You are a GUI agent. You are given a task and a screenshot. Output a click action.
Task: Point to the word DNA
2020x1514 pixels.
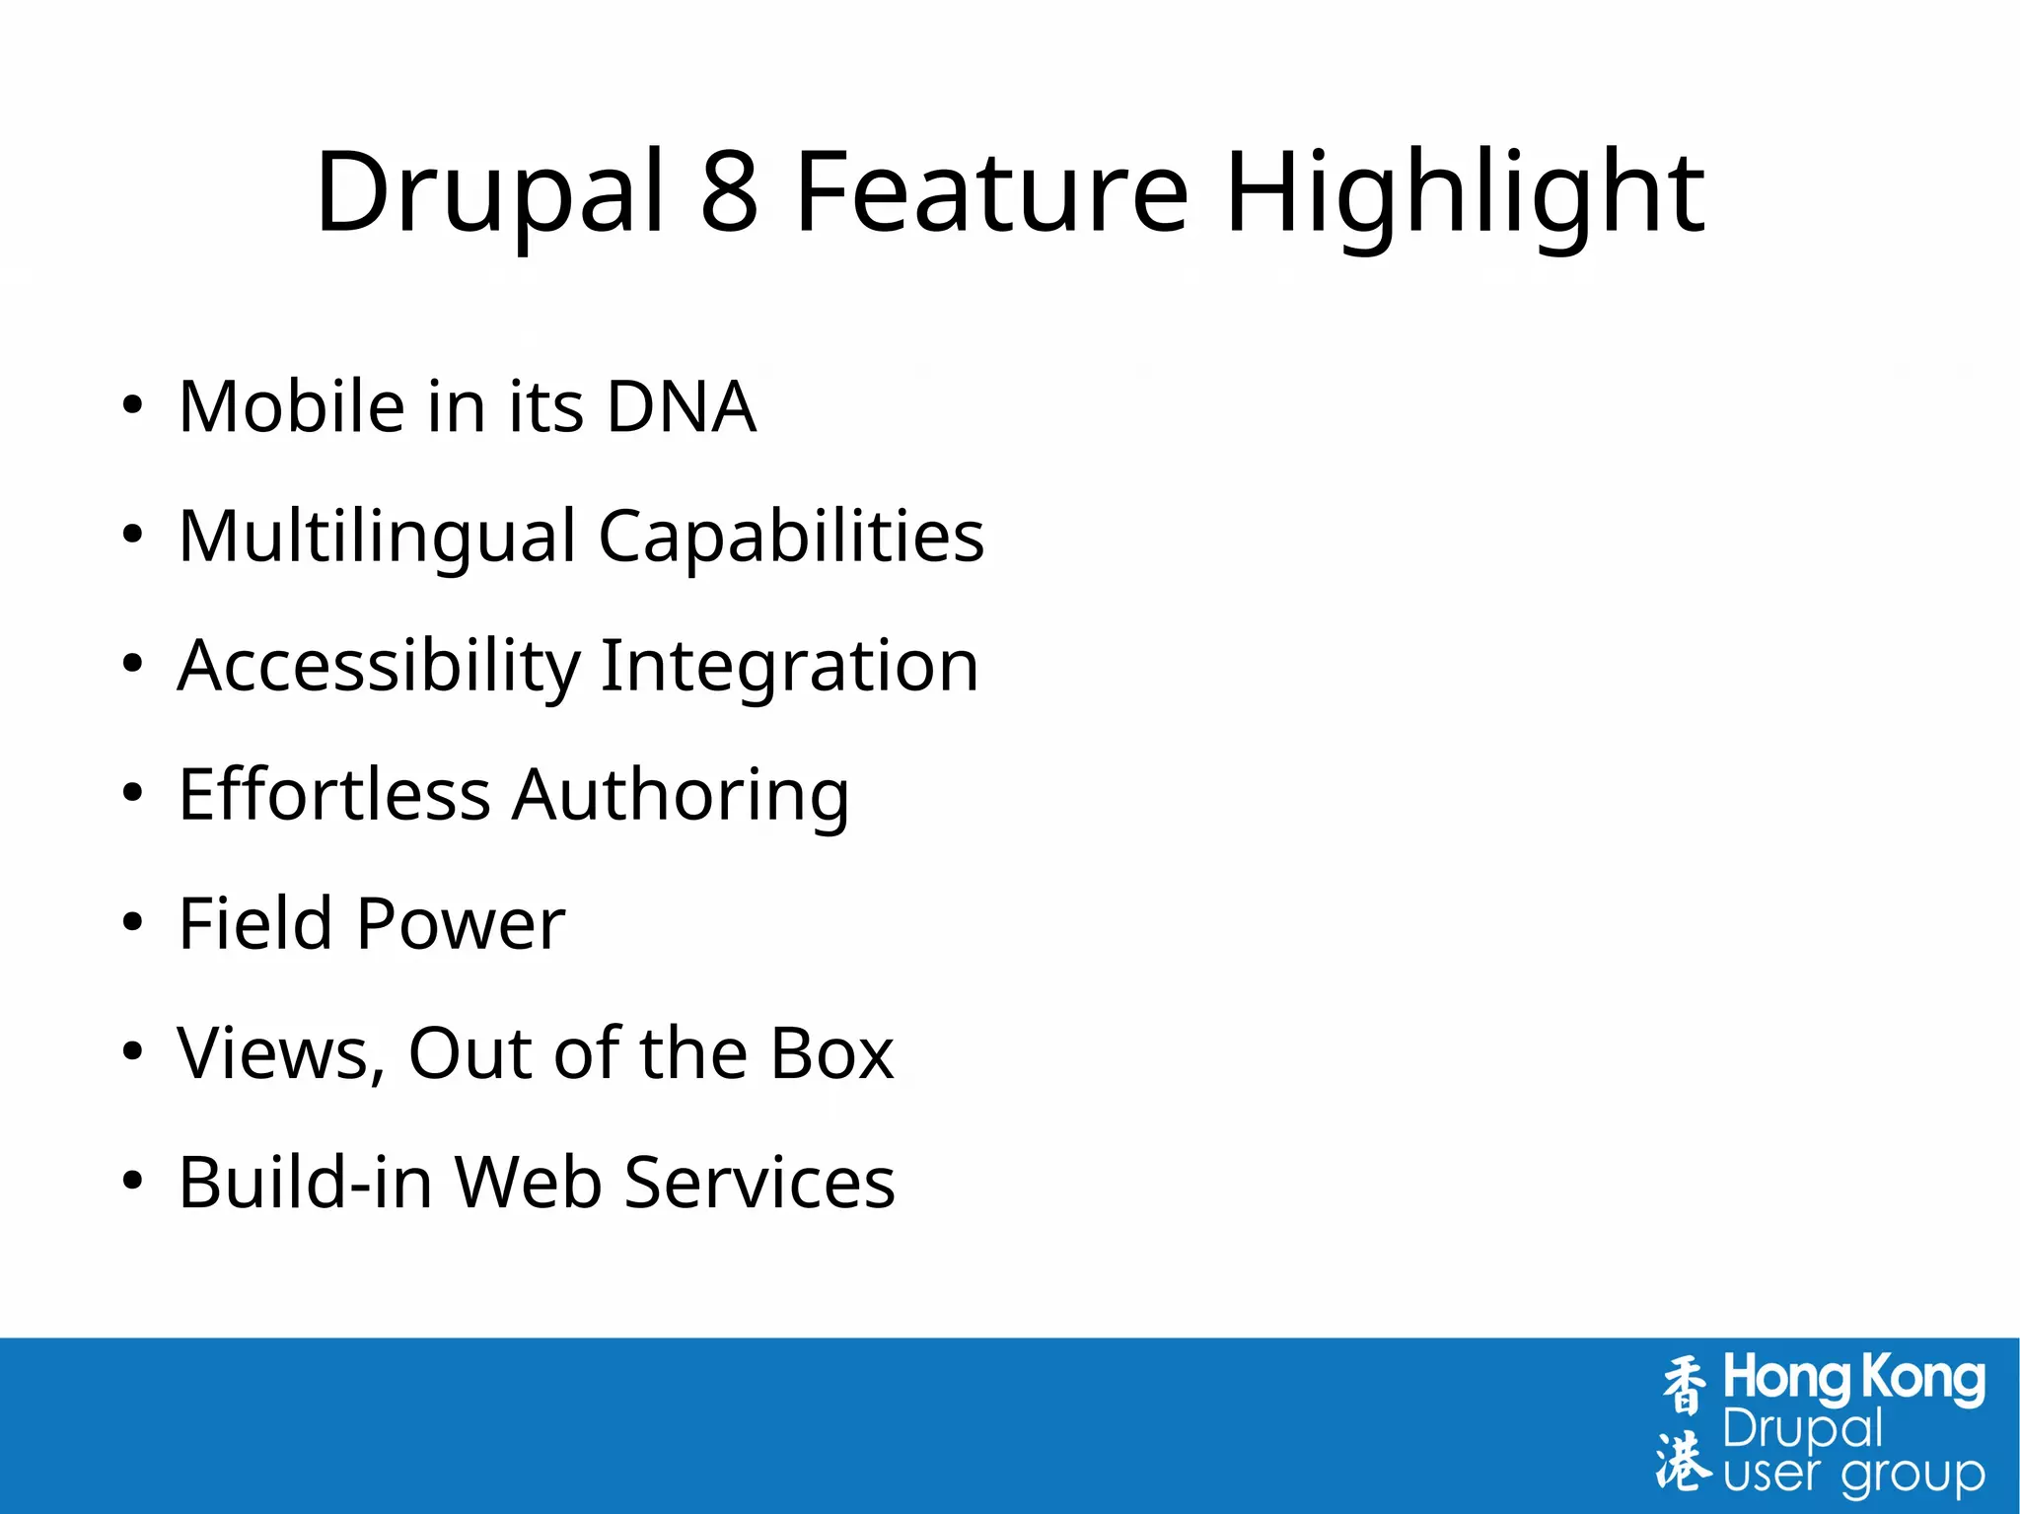tap(681, 406)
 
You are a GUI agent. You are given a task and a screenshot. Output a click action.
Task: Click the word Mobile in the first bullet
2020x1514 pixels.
tap(292, 406)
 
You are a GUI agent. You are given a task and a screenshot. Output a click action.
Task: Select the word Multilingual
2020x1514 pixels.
tap(377, 537)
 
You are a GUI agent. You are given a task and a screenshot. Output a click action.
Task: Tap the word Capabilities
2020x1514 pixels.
tap(791, 537)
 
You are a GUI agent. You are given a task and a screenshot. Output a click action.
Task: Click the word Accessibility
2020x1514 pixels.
tap(379, 666)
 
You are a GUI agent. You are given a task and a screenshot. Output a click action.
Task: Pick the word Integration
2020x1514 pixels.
tap(789, 666)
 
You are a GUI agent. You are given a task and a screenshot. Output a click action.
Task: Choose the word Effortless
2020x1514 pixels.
tap(334, 795)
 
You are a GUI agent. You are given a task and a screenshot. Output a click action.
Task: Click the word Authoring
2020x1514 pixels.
tap(681, 795)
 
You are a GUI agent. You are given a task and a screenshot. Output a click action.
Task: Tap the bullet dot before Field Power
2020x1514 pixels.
tap(132, 923)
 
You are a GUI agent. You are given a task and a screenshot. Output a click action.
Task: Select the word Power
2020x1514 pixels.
tap(460, 924)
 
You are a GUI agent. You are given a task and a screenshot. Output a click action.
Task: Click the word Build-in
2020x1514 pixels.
tap(305, 1183)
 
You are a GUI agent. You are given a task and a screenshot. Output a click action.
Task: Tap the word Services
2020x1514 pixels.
tap(759, 1183)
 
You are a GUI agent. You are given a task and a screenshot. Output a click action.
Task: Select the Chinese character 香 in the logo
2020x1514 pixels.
tap(1684, 1385)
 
